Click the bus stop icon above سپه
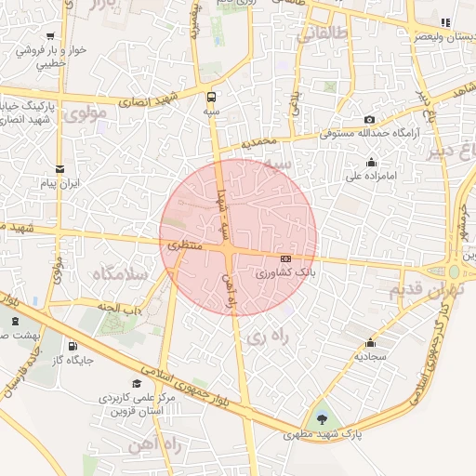(x=212, y=96)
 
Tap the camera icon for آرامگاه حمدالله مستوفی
(x=370, y=120)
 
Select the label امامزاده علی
(x=372, y=174)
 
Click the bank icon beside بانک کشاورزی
(x=284, y=258)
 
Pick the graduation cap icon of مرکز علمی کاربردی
(x=137, y=384)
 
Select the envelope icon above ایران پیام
(x=60, y=169)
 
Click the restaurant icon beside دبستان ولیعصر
(x=444, y=22)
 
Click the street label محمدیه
(x=259, y=143)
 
